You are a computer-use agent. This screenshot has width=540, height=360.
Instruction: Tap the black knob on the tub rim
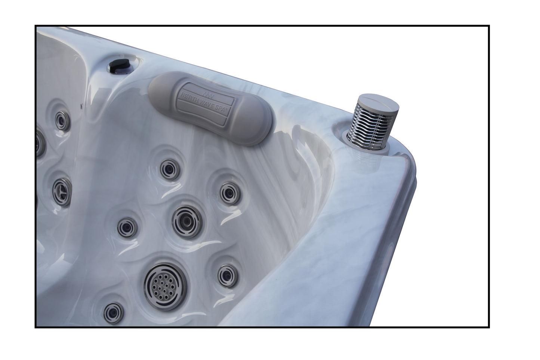119,65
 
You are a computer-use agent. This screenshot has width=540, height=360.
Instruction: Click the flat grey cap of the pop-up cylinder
379,105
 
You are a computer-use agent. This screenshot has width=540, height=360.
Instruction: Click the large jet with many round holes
166,286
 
